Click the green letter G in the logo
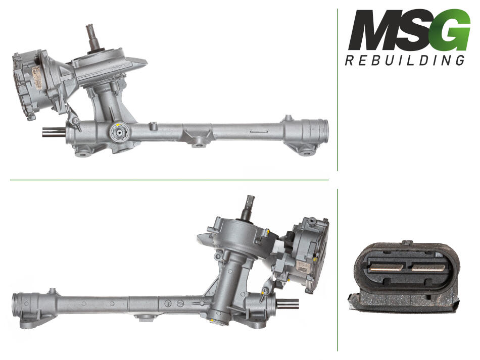pyautogui.click(x=452, y=30)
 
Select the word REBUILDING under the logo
pyautogui.click(x=405, y=60)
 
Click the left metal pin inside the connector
pyautogui.click(x=388, y=268)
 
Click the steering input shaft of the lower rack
pyautogui.click(x=249, y=207)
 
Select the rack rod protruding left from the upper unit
pyautogui.click(x=54, y=132)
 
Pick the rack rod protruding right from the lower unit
pyautogui.click(x=287, y=304)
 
